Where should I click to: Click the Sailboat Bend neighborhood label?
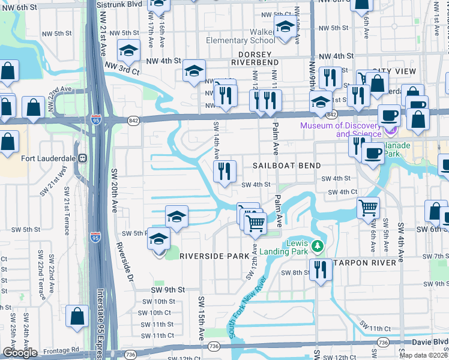(x=287, y=165)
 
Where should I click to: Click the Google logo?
(x=20, y=353)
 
